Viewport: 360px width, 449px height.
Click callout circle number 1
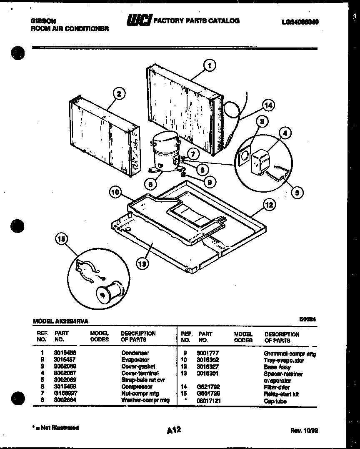(x=209, y=65)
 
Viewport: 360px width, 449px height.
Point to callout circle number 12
(x=269, y=205)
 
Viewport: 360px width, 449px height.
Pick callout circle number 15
(x=61, y=239)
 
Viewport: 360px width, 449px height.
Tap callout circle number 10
(x=116, y=192)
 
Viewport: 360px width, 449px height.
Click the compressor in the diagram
(x=165, y=152)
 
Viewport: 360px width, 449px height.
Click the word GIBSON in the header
(x=43, y=20)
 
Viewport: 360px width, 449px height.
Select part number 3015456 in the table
(x=62, y=353)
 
